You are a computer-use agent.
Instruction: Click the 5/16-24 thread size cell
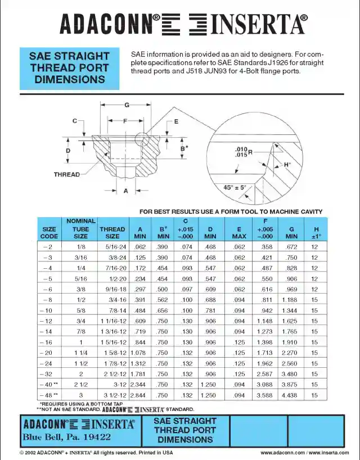pos(112,247)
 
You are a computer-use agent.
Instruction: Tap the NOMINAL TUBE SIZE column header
pos(81,229)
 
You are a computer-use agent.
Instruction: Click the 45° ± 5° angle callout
pos(235,188)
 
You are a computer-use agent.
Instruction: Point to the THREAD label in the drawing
pos(67,174)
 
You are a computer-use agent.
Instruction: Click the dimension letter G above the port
pos(127,105)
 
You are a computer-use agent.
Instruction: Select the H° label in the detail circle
pos(287,165)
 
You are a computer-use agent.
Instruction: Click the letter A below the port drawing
pos(126,191)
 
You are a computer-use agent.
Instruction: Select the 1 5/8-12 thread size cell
pos(112,353)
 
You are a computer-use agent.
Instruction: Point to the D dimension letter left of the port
pos(67,151)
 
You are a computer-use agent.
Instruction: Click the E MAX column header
pos(239,233)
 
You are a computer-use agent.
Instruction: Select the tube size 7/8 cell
pos(81,332)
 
